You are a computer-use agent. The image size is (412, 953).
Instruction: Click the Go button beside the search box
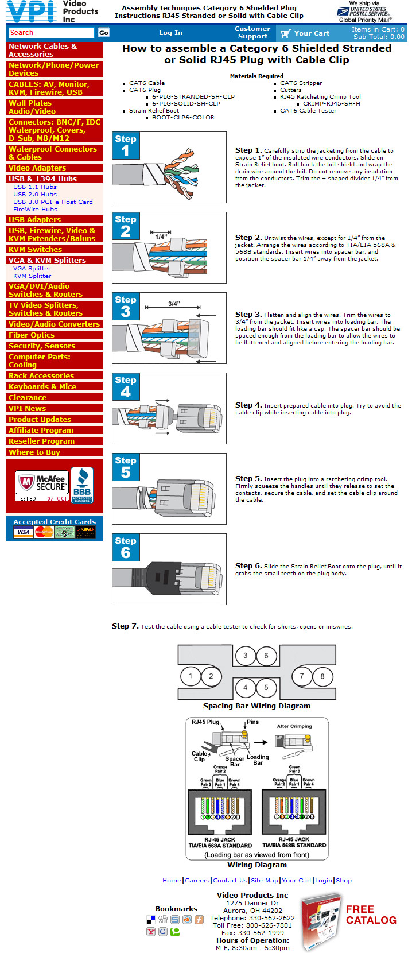click(x=103, y=33)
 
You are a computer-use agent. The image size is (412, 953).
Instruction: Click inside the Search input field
click(x=51, y=33)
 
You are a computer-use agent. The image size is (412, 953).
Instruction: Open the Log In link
click(x=170, y=33)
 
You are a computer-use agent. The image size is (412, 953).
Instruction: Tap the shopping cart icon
click(x=285, y=33)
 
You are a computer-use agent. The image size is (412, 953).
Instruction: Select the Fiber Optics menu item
click(x=32, y=335)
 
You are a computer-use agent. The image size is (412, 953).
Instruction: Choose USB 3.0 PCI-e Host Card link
click(x=53, y=202)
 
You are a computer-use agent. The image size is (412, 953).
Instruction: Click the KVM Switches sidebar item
click(x=35, y=249)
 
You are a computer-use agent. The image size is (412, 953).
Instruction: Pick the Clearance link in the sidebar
click(x=28, y=397)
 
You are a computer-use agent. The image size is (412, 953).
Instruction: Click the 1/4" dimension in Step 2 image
click(x=161, y=236)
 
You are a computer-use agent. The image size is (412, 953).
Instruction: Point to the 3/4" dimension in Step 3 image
click(x=174, y=304)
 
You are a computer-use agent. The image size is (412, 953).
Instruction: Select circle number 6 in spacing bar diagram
click(x=266, y=656)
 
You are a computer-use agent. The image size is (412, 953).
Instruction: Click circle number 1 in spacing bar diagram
click(x=191, y=676)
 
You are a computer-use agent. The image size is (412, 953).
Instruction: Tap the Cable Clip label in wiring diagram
click(x=199, y=756)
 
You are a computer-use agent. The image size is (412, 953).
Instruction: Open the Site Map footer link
click(x=265, y=880)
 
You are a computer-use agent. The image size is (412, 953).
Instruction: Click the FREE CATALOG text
click(x=371, y=915)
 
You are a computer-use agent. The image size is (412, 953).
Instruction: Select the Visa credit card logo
click(x=23, y=532)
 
